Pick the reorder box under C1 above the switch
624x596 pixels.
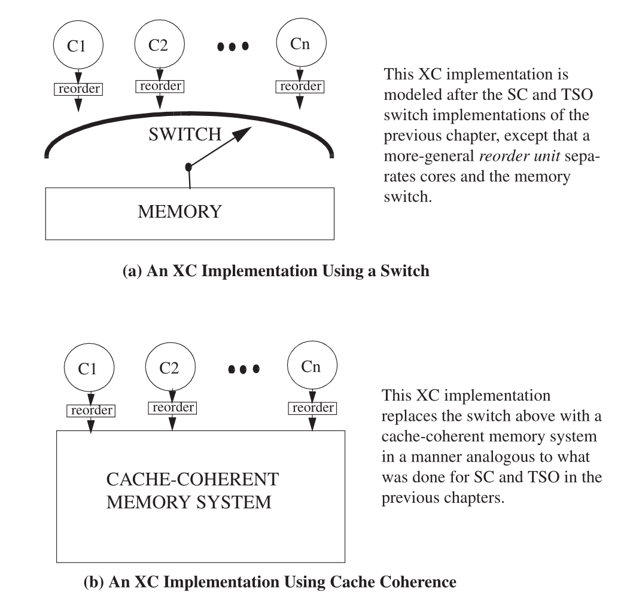coord(78,89)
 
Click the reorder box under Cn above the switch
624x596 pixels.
coord(300,87)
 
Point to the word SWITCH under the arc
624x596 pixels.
coord(185,135)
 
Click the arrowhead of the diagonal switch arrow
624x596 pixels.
coord(242,133)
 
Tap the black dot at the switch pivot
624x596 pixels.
coord(188,167)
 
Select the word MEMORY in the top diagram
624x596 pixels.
coord(179,212)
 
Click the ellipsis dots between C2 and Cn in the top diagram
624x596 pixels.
coord(233,47)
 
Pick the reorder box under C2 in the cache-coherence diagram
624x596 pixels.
coord(172,408)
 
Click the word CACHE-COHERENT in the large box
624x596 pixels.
coord(193,479)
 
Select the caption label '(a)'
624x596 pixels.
coord(133,271)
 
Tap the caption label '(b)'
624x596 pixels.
coord(94,582)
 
